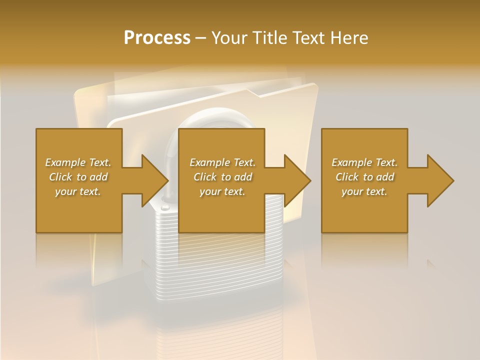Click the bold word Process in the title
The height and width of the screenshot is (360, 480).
[x=157, y=38]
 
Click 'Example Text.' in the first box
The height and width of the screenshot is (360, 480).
[x=78, y=162]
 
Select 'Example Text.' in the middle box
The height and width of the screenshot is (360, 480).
[x=222, y=162]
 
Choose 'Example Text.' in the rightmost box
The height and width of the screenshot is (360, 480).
[x=364, y=162]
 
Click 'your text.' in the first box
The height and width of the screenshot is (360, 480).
[x=78, y=191]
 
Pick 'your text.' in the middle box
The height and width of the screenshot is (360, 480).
[x=222, y=191]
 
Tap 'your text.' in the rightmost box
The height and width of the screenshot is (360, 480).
[x=364, y=191]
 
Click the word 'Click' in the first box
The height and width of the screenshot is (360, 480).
[x=61, y=177]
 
